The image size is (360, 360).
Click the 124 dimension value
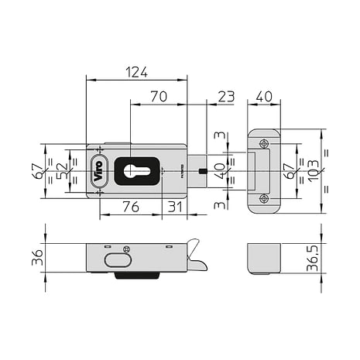tap(136, 72)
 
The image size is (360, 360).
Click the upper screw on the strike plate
tap(264, 143)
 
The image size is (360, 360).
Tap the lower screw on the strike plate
tap(264, 198)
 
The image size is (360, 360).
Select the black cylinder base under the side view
tap(137, 275)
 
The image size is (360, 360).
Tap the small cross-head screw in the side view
tap(126, 248)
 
